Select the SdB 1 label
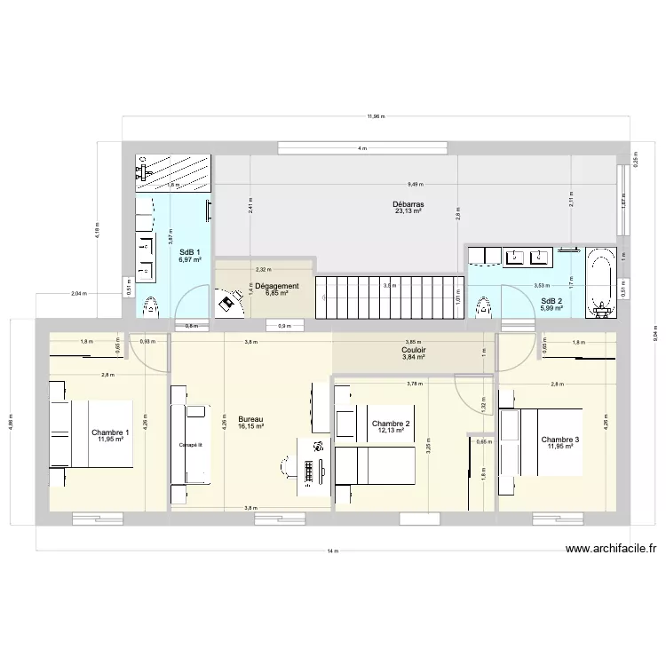[x=190, y=251]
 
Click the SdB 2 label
[x=551, y=300]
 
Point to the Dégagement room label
[x=277, y=286]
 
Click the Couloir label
[x=414, y=350]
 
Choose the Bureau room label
[x=250, y=419]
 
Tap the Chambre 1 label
[x=110, y=432]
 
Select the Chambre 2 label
[x=391, y=424]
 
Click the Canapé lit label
[x=191, y=445]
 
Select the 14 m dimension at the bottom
[x=332, y=551]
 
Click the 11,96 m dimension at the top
[x=376, y=116]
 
